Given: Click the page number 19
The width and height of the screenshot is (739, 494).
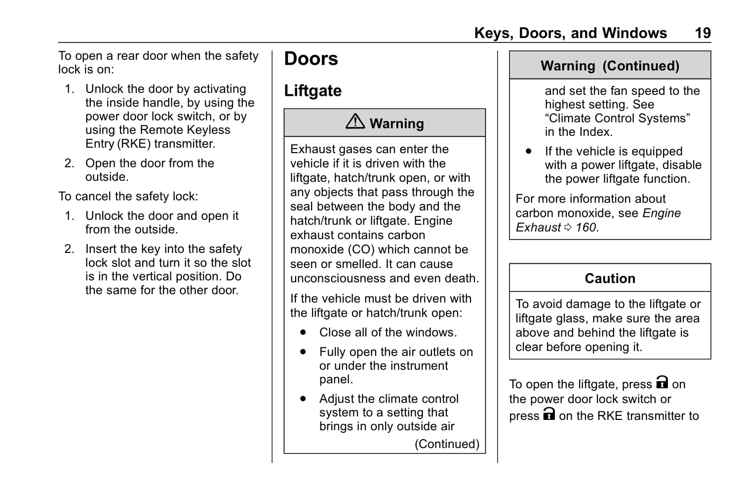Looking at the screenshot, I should point(702,33).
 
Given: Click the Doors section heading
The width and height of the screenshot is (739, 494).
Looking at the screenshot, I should point(311,59).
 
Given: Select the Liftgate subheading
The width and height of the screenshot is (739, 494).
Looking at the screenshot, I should point(312,91).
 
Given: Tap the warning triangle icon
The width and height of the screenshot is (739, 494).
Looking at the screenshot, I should point(355,121).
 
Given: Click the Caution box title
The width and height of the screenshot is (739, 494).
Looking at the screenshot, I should point(610,279).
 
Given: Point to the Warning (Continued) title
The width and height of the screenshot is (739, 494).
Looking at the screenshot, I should point(610,66).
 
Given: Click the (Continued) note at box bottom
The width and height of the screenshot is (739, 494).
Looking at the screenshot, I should point(447,444).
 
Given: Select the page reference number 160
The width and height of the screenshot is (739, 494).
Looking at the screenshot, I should point(586,228).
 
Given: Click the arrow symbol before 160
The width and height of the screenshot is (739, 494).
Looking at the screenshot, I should point(568,228).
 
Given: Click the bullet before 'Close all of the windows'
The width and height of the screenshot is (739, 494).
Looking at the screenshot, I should point(303,332).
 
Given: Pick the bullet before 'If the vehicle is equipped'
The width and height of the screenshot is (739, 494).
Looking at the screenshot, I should point(529,151).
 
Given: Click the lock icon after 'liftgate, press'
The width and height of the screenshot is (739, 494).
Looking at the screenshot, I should point(661,383).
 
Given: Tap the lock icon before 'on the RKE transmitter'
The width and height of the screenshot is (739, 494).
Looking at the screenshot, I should point(549,414).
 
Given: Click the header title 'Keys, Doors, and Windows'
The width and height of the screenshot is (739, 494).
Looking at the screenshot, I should point(570,33).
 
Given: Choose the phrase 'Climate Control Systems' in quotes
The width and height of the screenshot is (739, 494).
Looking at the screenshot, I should point(617,119).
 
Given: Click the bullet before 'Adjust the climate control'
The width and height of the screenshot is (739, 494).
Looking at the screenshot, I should point(303,399).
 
